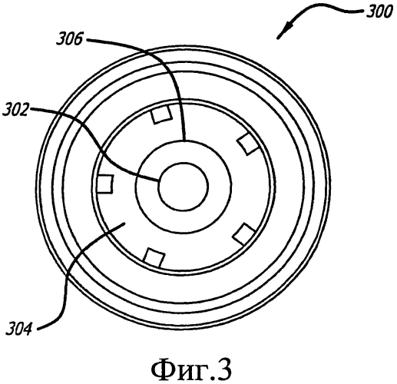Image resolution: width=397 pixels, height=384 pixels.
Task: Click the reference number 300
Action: (x=379, y=12)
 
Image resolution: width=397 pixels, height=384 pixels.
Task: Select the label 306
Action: (x=70, y=40)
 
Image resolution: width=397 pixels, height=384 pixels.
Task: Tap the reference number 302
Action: (x=15, y=110)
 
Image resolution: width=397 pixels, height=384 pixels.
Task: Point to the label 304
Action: (x=19, y=329)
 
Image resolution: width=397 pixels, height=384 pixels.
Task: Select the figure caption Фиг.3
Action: (x=192, y=368)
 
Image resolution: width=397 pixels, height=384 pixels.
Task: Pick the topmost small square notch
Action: (x=161, y=114)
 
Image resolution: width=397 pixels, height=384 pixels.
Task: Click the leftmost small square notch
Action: (x=105, y=184)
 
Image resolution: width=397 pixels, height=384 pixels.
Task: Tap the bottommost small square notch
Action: (x=154, y=257)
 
